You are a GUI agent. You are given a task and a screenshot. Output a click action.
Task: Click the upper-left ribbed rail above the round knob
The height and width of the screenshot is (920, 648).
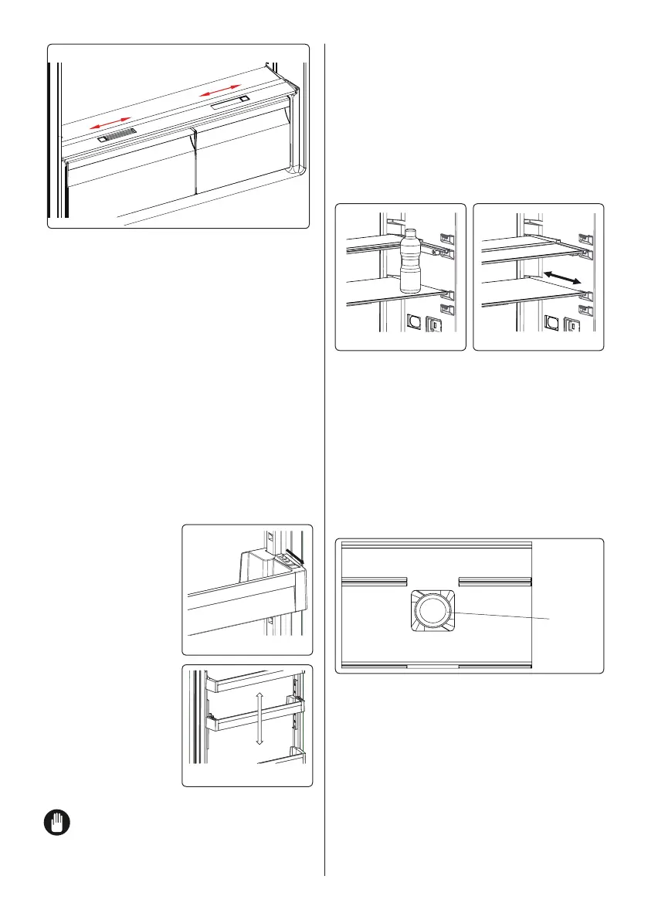pyautogui.click(x=374, y=581)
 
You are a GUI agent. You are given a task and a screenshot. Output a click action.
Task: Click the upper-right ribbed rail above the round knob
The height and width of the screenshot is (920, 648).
pyautogui.click(x=495, y=581)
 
